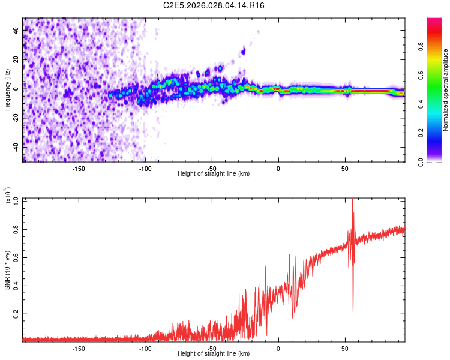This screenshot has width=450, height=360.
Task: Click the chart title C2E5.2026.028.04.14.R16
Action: coord(214,5)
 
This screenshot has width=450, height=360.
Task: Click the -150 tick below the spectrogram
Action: coord(79,169)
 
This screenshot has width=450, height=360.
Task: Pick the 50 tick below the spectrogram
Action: coord(345,169)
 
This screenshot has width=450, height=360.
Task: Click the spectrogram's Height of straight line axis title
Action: coord(214,174)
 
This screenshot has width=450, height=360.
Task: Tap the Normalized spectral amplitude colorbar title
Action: coord(446,90)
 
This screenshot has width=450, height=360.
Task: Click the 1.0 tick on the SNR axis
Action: coord(16,199)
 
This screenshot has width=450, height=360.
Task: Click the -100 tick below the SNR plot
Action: coord(145,349)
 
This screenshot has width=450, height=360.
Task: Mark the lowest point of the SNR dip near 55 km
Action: coord(353,311)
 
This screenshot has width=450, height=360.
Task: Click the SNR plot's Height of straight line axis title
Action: coord(214,354)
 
